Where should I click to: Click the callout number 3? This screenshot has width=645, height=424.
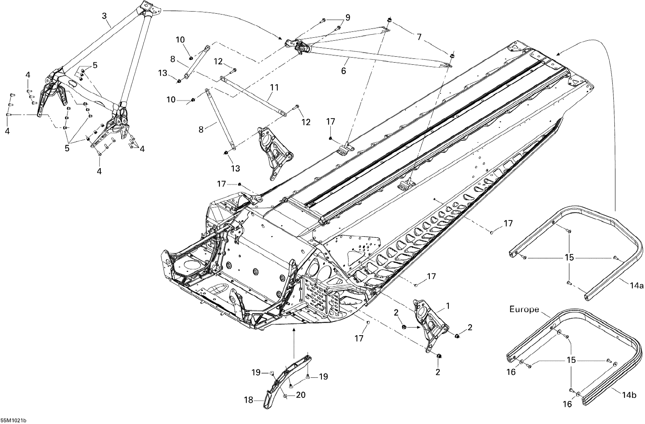[104, 16]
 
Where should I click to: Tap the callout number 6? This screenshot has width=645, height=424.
[343, 71]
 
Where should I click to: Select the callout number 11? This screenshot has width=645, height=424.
[274, 87]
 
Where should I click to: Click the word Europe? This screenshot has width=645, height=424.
[524, 309]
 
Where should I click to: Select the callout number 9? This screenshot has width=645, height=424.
[347, 18]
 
